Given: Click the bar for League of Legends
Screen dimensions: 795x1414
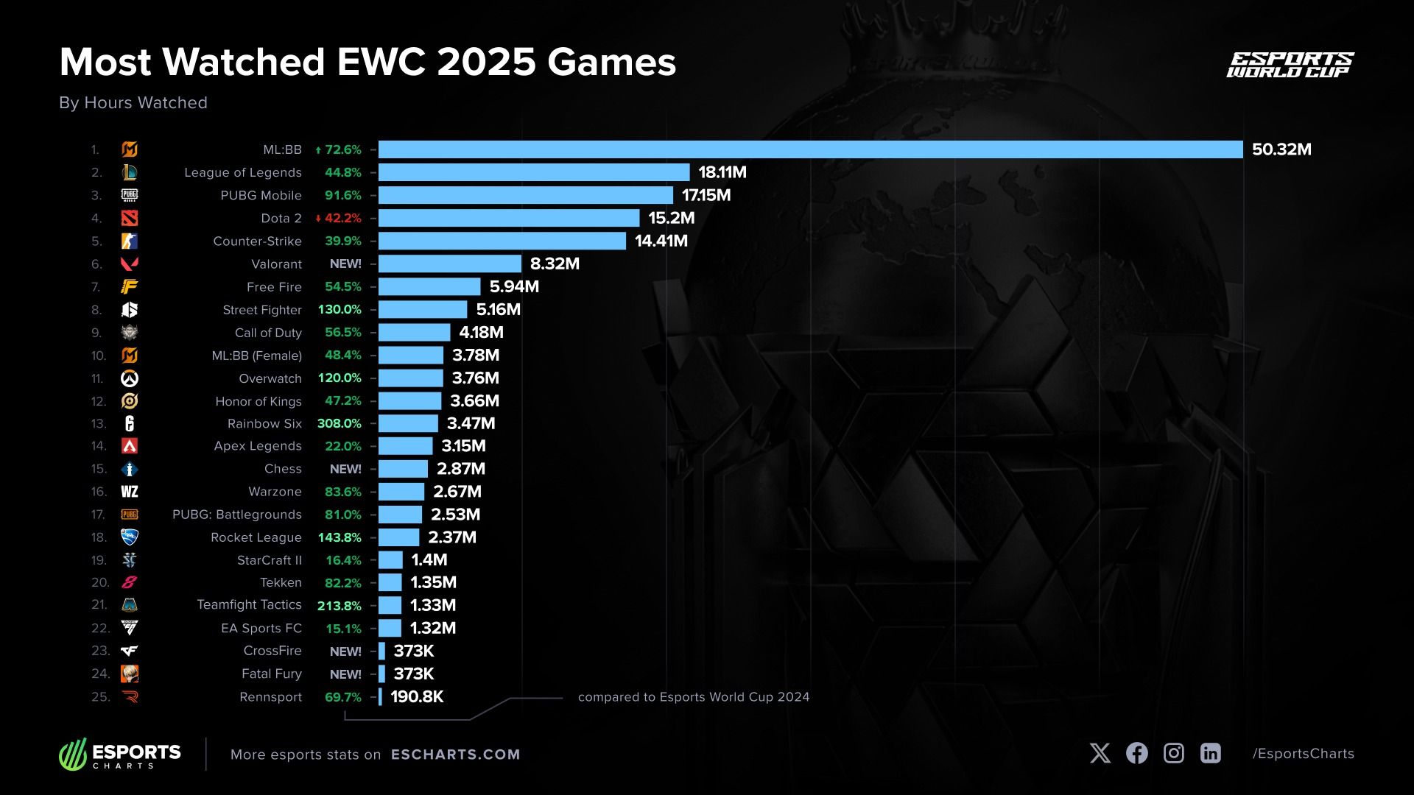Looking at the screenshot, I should (534, 172).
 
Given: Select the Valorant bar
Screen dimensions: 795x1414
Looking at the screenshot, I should (450, 264).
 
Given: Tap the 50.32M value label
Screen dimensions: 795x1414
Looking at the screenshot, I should (1281, 149).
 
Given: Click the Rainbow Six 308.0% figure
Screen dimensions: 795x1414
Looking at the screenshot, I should (340, 423).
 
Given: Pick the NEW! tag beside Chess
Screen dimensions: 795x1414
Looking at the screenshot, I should (345, 469).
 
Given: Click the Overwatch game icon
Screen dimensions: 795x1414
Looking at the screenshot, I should (130, 378).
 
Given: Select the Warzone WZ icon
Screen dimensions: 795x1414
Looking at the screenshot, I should (130, 492).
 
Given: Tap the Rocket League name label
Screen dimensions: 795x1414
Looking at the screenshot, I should (256, 537).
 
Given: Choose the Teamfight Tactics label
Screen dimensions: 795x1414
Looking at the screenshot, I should (249, 604).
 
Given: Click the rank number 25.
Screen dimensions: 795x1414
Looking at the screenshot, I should (100, 696).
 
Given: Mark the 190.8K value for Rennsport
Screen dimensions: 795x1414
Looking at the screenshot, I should (417, 696).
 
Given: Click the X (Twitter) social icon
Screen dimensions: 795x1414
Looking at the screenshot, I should (1100, 753).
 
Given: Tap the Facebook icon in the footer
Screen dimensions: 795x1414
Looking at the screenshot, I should (1137, 753).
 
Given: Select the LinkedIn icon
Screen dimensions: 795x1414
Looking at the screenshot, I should (1211, 753).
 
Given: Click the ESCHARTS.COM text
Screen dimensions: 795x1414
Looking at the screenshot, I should (455, 755).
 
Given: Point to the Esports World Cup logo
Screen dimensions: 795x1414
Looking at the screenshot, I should (1290, 65).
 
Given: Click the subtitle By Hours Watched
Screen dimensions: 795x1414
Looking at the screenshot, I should (133, 102).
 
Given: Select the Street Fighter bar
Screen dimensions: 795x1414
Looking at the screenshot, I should (423, 309).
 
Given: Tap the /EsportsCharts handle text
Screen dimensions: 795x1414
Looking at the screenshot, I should (1304, 754).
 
